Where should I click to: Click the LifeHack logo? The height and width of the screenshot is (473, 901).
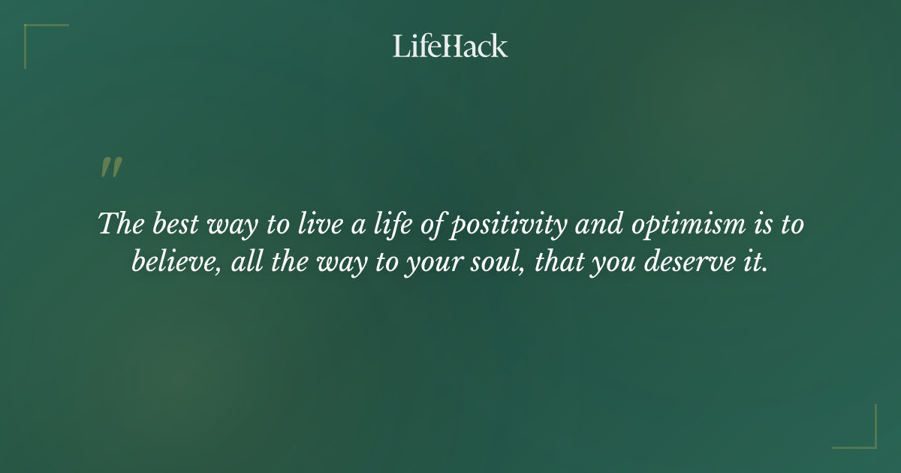pos(450,46)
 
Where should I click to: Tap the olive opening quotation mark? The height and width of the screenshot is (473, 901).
pos(111,167)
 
